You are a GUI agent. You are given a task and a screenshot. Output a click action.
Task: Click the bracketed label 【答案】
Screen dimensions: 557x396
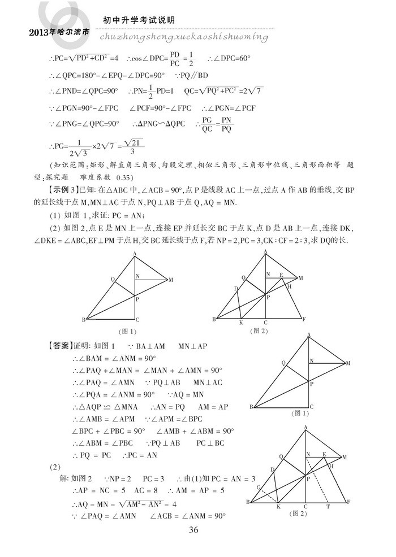point(59,346)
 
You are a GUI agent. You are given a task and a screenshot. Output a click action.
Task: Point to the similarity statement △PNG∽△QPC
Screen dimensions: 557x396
point(158,124)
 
